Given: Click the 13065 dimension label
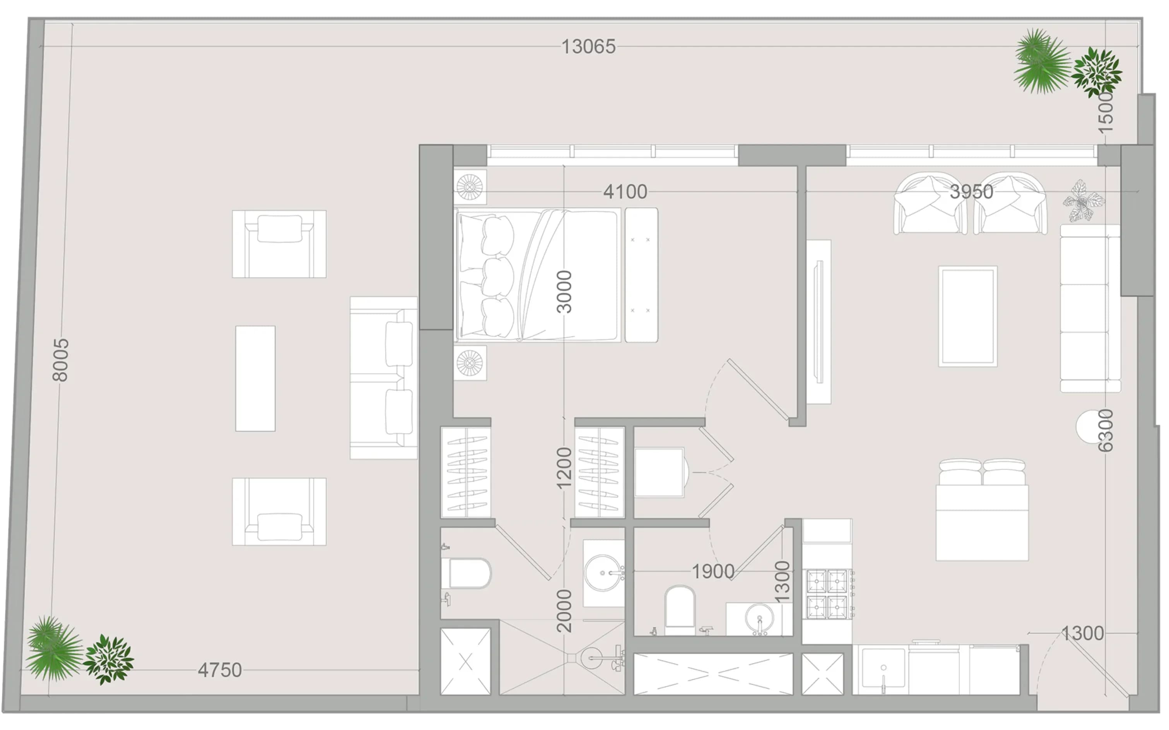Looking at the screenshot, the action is tap(588, 47).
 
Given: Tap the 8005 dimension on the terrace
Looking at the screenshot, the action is tap(61, 360).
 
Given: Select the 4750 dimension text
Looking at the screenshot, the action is tap(220, 670).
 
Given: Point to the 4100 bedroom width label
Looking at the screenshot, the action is tap(625, 191).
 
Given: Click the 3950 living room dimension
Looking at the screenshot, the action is tap(971, 191).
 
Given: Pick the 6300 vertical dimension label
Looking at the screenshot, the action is tap(1105, 431).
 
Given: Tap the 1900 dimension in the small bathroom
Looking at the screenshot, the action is tap(713, 572).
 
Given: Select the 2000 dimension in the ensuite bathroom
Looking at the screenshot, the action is tap(564, 611).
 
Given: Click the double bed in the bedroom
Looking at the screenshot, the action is tap(537, 275).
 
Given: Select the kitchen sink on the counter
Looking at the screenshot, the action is tap(883, 669).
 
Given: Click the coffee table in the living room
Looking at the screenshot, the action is tap(968, 316).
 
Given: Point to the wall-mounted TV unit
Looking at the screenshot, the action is tap(819, 321).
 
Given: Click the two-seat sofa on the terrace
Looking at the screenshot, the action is tap(384, 378).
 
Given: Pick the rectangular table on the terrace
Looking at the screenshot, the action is tap(255, 378).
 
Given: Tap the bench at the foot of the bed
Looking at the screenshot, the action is tap(641, 275).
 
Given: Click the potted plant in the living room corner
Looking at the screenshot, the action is tap(1083, 201).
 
